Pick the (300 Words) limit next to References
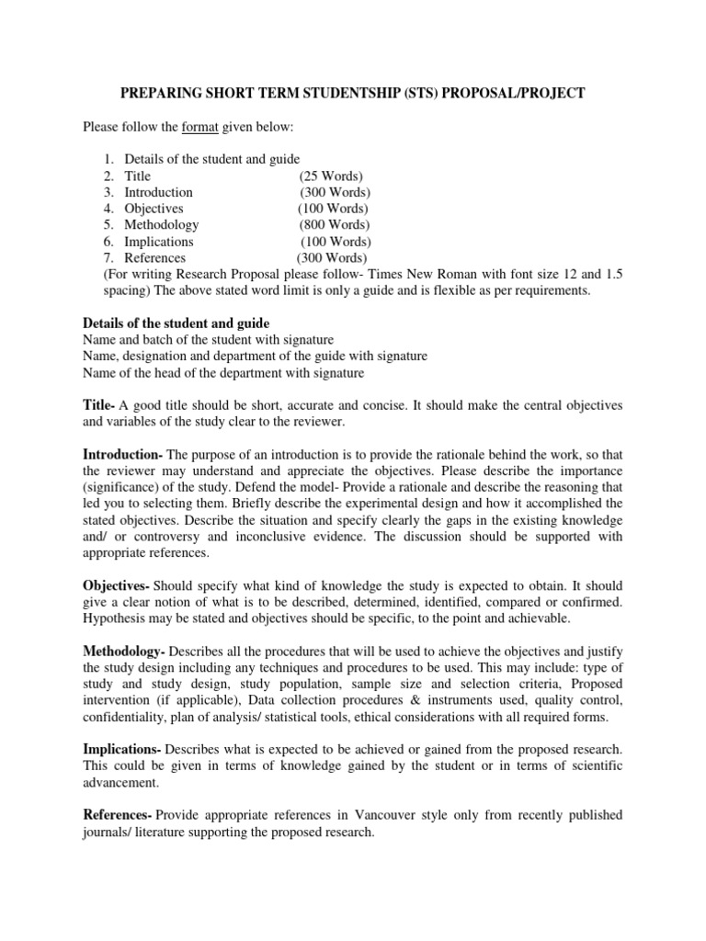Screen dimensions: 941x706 pos(331,258)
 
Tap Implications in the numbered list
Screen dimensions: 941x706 pos(159,242)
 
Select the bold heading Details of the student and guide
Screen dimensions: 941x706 pos(176,323)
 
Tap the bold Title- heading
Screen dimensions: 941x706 pos(99,405)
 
